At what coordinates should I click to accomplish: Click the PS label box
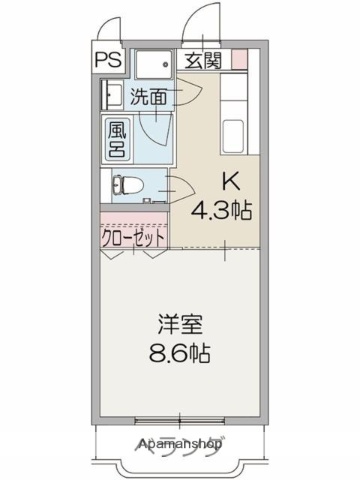pyautogui.click(x=110, y=58)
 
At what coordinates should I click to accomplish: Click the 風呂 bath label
pyautogui.click(x=117, y=139)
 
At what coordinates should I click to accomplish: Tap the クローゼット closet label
pyautogui.click(x=134, y=239)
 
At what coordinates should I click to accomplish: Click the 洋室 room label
pyautogui.click(x=180, y=326)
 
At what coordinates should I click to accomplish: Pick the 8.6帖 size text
pyautogui.click(x=180, y=354)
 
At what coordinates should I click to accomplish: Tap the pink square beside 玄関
pyautogui.click(x=238, y=59)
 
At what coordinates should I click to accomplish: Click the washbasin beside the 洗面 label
pyautogui.click(x=107, y=98)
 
